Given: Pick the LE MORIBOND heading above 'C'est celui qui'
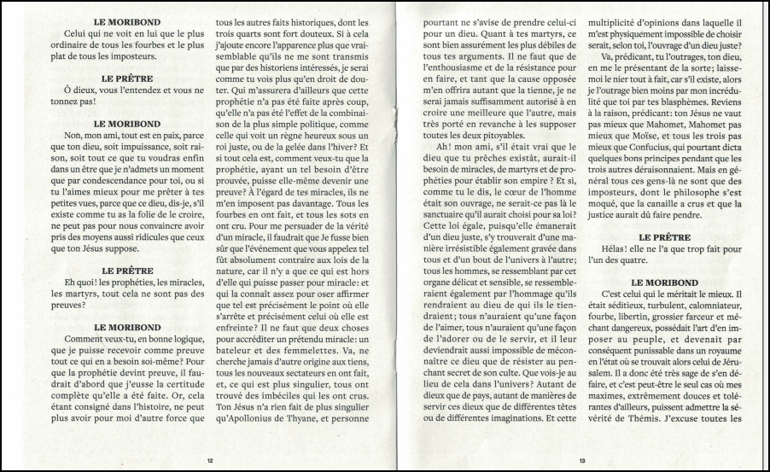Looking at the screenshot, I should pyautogui.click(x=668, y=281).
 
